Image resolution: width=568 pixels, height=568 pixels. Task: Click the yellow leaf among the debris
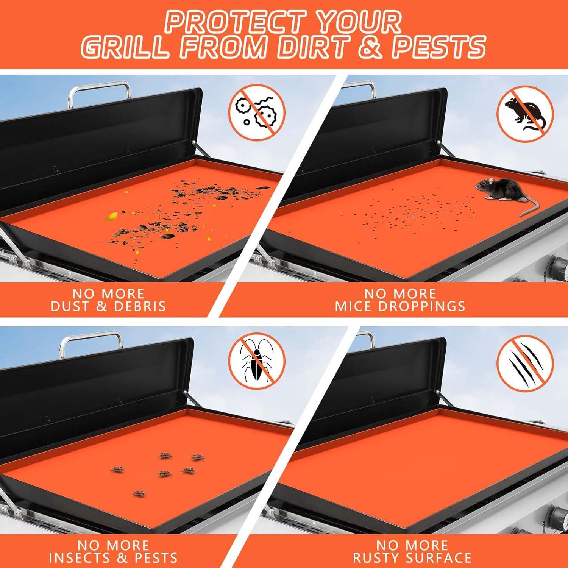click(x=112, y=217)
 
